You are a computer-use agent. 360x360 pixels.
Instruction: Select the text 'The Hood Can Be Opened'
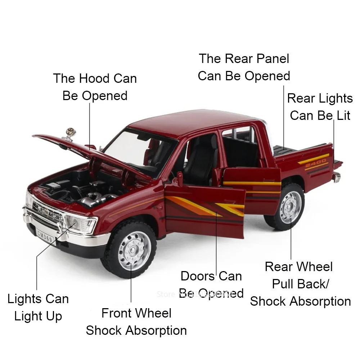click(x=95, y=87)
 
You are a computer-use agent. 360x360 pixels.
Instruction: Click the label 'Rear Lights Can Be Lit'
click(x=320, y=107)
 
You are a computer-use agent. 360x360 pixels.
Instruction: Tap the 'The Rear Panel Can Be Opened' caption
click(x=244, y=67)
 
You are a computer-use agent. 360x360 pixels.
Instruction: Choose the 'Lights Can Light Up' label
click(x=38, y=307)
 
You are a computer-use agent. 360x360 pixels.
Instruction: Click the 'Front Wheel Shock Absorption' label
click(x=136, y=321)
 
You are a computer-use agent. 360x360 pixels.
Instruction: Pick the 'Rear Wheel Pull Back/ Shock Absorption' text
click(x=300, y=284)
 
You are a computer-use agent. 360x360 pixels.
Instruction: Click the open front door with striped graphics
click(x=205, y=211)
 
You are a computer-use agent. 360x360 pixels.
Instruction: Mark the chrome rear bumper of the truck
click(x=336, y=176)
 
